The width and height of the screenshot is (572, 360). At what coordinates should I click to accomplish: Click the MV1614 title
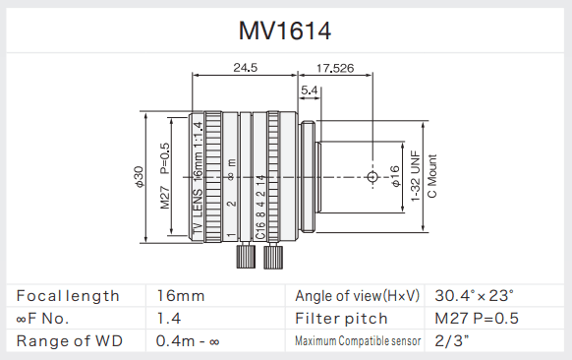click(285, 30)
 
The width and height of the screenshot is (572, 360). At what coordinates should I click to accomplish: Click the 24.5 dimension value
click(245, 68)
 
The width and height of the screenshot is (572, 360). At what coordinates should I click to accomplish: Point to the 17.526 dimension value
click(335, 68)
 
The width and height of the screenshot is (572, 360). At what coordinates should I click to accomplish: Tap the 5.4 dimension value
click(310, 90)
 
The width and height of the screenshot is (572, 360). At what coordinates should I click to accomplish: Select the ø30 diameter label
click(139, 177)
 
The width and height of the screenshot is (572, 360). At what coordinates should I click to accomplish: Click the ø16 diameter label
click(395, 176)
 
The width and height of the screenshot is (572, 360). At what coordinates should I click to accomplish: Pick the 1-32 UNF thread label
click(416, 176)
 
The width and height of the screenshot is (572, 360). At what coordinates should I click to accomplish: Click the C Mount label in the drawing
click(431, 176)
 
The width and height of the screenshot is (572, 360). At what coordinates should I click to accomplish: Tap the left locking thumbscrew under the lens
click(246, 257)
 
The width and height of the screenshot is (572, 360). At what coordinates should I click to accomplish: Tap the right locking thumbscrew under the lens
click(273, 257)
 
